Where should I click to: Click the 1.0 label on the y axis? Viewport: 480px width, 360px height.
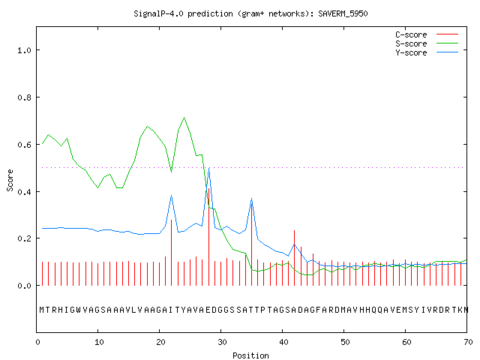point(25,50)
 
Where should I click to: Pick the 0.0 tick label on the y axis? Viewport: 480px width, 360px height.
point(25,286)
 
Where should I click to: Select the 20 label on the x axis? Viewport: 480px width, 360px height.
point(160,342)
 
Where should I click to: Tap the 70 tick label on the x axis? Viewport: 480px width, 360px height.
point(468,342)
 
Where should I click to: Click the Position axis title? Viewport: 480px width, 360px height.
point(250,355)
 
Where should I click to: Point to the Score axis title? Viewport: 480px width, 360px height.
point(10,180)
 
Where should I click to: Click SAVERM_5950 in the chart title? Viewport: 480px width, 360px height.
point(343,13)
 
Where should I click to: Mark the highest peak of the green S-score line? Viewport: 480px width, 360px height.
point(184,118)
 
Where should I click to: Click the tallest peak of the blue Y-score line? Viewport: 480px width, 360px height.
point(209,168)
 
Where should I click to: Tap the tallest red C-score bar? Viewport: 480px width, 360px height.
point(208,237)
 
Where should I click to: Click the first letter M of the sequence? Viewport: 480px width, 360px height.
point(42,310)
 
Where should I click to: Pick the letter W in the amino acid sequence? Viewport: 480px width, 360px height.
point(78,310)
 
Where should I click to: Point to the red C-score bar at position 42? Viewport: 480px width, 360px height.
point(295,258)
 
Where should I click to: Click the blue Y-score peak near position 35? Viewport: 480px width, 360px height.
point(252,199)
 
